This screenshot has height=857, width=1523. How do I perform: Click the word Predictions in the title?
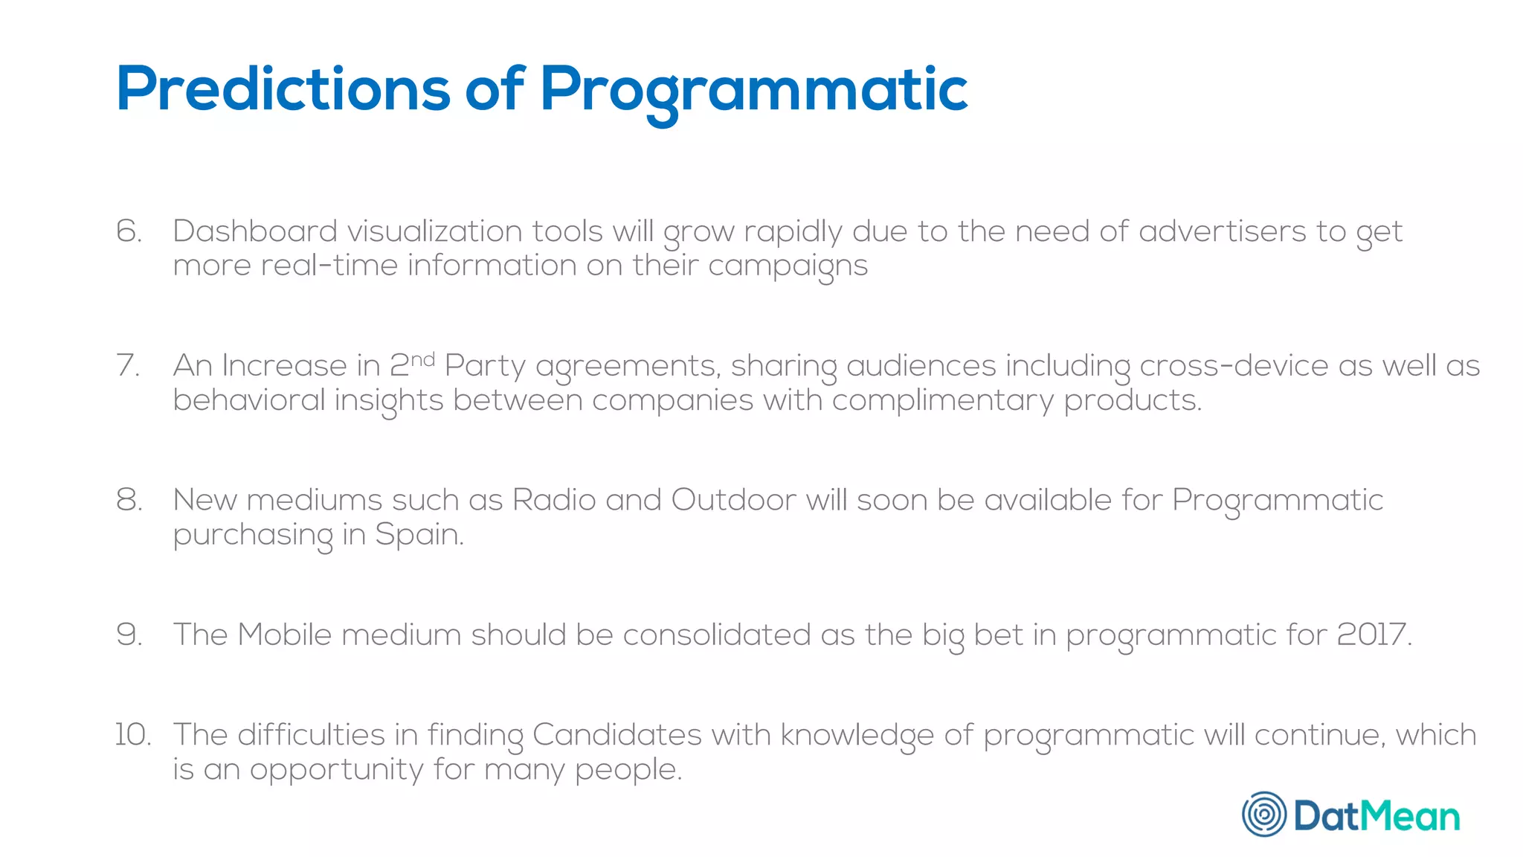coord(283,89)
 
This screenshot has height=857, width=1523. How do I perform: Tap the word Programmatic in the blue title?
coord(753,91)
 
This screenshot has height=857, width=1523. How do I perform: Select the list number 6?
coord(129,231)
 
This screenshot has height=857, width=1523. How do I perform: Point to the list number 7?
coord(129,366)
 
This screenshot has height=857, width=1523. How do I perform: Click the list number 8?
coord(129,500)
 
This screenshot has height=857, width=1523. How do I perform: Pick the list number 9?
coord(129,635)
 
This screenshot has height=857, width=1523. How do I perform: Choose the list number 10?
coord(132,735)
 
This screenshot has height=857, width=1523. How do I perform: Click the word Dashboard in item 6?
coord(254,231)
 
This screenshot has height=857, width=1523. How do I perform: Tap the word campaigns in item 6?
coord(788,266)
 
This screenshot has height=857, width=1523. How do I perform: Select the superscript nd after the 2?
coord(422,360)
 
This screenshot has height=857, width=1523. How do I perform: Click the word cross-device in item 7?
coord(1234,366)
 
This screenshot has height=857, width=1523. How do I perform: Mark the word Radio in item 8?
coord(554,500)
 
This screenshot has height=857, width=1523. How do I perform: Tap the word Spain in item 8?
coord(419,535)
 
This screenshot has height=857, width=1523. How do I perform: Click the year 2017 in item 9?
coord(1373,635)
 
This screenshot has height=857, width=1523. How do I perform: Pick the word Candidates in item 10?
coord(616,735)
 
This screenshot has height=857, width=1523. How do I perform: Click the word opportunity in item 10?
coord(336,770)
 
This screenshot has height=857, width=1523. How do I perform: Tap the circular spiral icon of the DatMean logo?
coord(1263,815)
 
